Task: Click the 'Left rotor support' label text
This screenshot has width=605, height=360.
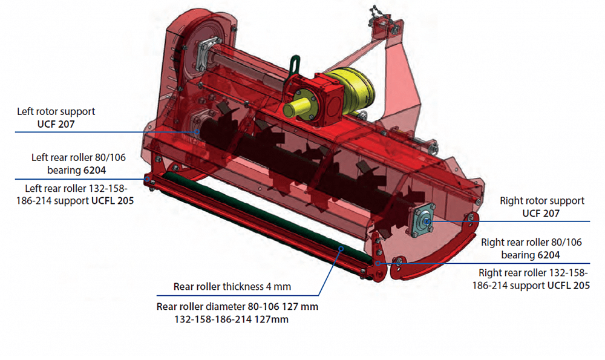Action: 56,111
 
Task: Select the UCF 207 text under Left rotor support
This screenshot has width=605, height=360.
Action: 56,124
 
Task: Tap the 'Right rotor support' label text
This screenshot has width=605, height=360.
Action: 541,201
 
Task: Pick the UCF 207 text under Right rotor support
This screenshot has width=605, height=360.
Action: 540,214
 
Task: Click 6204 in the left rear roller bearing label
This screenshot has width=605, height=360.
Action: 94,170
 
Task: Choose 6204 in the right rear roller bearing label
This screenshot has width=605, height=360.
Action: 548,255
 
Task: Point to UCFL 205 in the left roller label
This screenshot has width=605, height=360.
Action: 113,201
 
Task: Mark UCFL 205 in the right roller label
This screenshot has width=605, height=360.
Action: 568,286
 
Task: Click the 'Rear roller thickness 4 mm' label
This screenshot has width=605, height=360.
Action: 232,287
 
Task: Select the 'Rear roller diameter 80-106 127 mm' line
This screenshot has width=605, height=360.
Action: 237,307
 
